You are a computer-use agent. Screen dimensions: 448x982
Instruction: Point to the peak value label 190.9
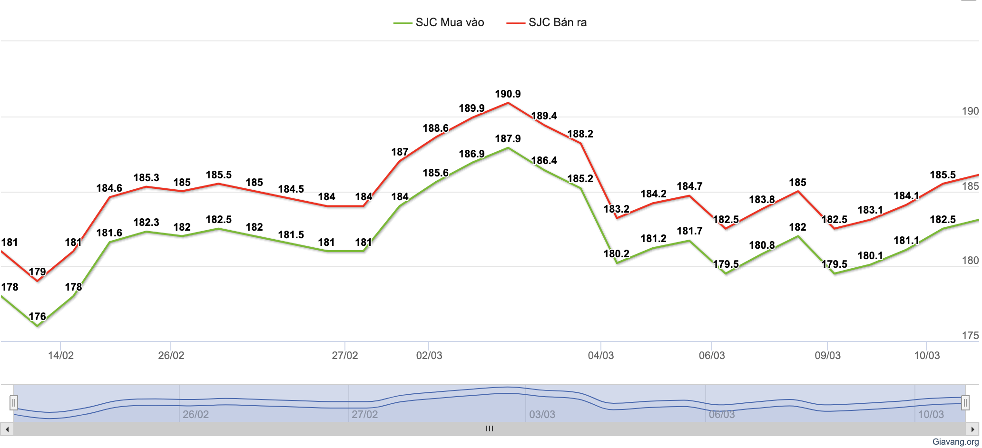pyautogui.click(x=508, y=94)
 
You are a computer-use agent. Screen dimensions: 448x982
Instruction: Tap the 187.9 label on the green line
pyautogui.click(x=508, y=139)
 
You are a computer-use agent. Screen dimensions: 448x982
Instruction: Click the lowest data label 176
pyautogui.click(x=37, y=317)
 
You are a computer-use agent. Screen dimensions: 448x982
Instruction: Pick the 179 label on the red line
pyautogui.click(x=37, y=272)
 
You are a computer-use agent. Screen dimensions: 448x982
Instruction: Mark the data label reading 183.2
pyautogui.click(x=616, y=209)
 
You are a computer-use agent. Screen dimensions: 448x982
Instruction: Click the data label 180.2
pyautogui.click(x=616, y=254)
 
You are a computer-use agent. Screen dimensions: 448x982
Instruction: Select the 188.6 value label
pyautogui.click(x=435, y=128)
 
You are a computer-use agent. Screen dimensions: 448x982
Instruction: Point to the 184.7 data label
pyautogui.click(x=689, y=186)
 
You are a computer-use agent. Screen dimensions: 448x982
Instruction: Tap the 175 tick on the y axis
pyautogui.click(x=970, y=336)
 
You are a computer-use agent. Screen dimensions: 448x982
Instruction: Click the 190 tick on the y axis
pyautogui.click(x=970, y=111)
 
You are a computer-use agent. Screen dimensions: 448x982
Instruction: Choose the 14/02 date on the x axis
pyautogui.click(x=61, y=356)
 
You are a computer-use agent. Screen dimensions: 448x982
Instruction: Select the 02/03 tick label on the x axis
pyautogui.click(x=429, y=356)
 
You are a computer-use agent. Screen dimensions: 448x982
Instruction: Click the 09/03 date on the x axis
pyautogui.click(x=827, y=356)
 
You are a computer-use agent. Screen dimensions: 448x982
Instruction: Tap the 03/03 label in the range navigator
pyautogui.click(x=542, y=415)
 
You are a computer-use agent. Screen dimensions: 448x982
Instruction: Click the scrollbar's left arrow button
pyautogui.click(x=7, y=429)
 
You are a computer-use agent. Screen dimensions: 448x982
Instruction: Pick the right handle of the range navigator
pyautogui.click(x=965, y=403)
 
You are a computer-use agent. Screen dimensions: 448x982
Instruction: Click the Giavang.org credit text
pyautogui.click(x=955, y=442)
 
